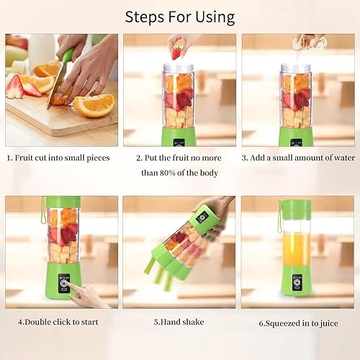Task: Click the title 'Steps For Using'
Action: pyautogui.click(x=179, y=17)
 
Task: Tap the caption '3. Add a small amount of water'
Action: pyautogui.click(x=298, y=158)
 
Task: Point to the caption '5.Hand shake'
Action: pyautogui.click(x=176, y=322)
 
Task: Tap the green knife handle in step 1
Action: pyautogui.click(x=68, y=57)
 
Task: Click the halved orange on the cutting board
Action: pyautogui.click(x=94, y=105)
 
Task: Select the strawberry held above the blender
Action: pyautogui.click(x=176, y=53)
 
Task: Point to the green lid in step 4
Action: pyautogui.click(x=63, y=202)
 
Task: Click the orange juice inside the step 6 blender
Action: pyautogui.click(x=296, y=248)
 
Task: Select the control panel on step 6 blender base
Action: pyautogui.click(x=295, y=282)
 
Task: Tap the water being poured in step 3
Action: pyautogui.click(x=298, y=54)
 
